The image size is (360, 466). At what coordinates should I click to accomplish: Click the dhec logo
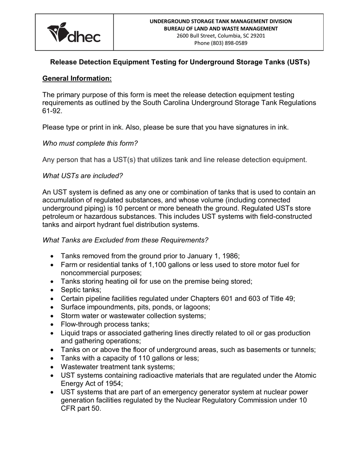coord(74,33)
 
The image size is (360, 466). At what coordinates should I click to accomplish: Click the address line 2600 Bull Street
coord(221,36)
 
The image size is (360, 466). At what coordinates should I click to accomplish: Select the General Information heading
coord(77,78)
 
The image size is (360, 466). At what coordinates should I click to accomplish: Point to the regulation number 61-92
coord(52,111)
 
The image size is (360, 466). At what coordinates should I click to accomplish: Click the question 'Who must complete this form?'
coord(90,143)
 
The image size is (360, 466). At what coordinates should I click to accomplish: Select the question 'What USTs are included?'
coord(83,176)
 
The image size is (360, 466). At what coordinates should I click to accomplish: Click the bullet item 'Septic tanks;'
coord(81,290)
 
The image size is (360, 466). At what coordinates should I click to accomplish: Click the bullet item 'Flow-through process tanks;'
coord(105,324)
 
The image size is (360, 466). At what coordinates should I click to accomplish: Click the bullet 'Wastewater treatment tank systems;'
coord(117,367)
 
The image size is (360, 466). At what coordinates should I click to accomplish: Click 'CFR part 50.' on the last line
coord(81,409)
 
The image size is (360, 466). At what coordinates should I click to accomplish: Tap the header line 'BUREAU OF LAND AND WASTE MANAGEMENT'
coord(221,28)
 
